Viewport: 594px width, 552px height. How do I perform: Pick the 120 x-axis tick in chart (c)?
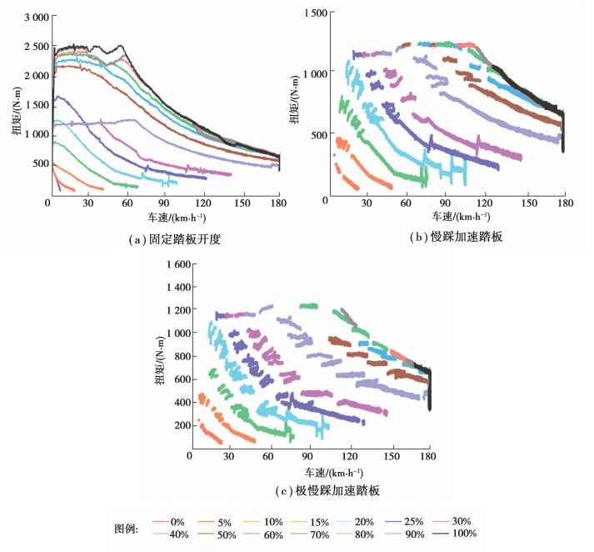point(349,458)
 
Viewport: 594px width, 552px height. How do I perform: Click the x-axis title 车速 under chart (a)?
point(165,219)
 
